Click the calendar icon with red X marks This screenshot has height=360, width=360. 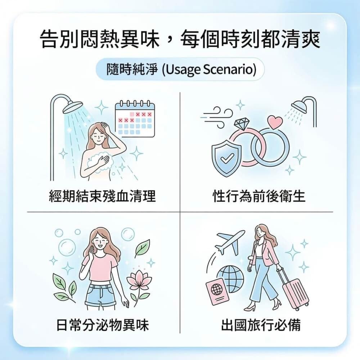coord(135,119)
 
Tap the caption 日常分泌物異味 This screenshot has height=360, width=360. coord(102,325)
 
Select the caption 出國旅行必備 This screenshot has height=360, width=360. coord(261,325)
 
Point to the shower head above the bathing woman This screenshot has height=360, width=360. coord(72,107)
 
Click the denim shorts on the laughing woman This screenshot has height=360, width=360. coord(100,295)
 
